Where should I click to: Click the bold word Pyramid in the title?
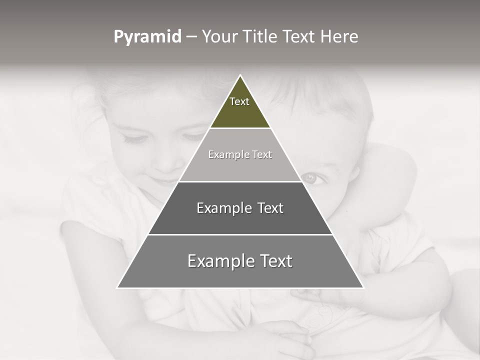(147, 37)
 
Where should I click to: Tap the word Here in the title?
(339, 37)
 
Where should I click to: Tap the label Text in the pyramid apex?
(239, 101)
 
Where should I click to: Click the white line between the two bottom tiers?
(240, 234)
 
